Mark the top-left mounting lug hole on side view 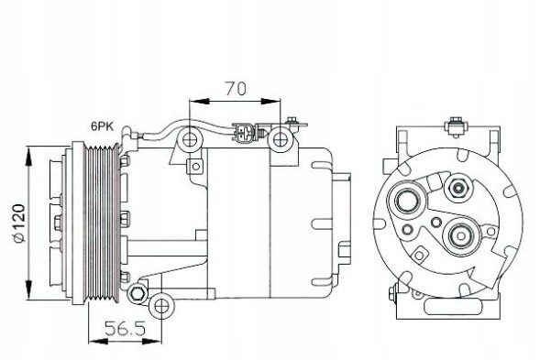coord(190,140)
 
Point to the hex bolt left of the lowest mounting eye coord(138,293)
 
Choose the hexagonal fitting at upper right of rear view coord(457,189)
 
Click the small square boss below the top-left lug coord(194,166)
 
